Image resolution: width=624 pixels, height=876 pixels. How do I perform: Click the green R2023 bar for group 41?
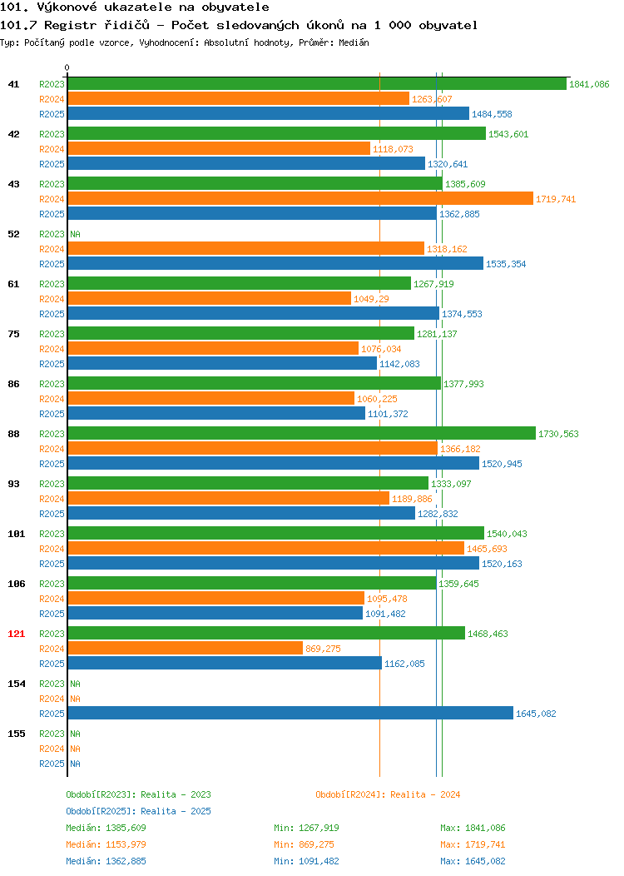tap(317, 84)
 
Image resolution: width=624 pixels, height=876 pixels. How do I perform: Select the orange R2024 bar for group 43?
tap(300, 199)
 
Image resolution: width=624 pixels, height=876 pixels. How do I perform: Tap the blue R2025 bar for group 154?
tap(290, 714)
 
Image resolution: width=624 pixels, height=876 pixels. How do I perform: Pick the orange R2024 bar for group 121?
tap(186, 649)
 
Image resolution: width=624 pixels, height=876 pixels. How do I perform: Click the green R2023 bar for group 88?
tap(301, 434)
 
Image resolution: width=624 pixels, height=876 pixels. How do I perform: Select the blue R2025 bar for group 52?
tap(275, 264)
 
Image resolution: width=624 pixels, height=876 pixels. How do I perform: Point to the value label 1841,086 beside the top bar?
tap(589, 84)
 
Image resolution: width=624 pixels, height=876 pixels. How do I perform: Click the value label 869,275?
tap(323, 649)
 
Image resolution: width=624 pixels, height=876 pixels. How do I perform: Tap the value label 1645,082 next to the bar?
tap(536, 714)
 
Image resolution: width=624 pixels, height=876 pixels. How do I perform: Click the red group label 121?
tap(16, 634)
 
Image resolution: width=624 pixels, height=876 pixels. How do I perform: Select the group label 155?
tap(16, 734)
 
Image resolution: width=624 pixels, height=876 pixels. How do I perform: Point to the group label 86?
tap(13, 384)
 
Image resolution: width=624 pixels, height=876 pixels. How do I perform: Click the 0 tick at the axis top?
tap(67, 68)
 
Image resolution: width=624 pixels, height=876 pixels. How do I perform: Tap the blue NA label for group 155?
tap(76, 764)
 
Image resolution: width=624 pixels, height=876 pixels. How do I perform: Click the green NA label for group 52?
tap(76, 234)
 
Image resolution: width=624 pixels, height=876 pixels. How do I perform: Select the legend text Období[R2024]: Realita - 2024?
tap(388, 794)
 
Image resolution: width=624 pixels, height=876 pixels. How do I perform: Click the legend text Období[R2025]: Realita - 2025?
tap(138, 811)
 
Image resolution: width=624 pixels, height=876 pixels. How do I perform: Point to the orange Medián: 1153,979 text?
tap(106, 844)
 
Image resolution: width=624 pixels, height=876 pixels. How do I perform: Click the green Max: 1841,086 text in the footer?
tap(473, 828)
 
